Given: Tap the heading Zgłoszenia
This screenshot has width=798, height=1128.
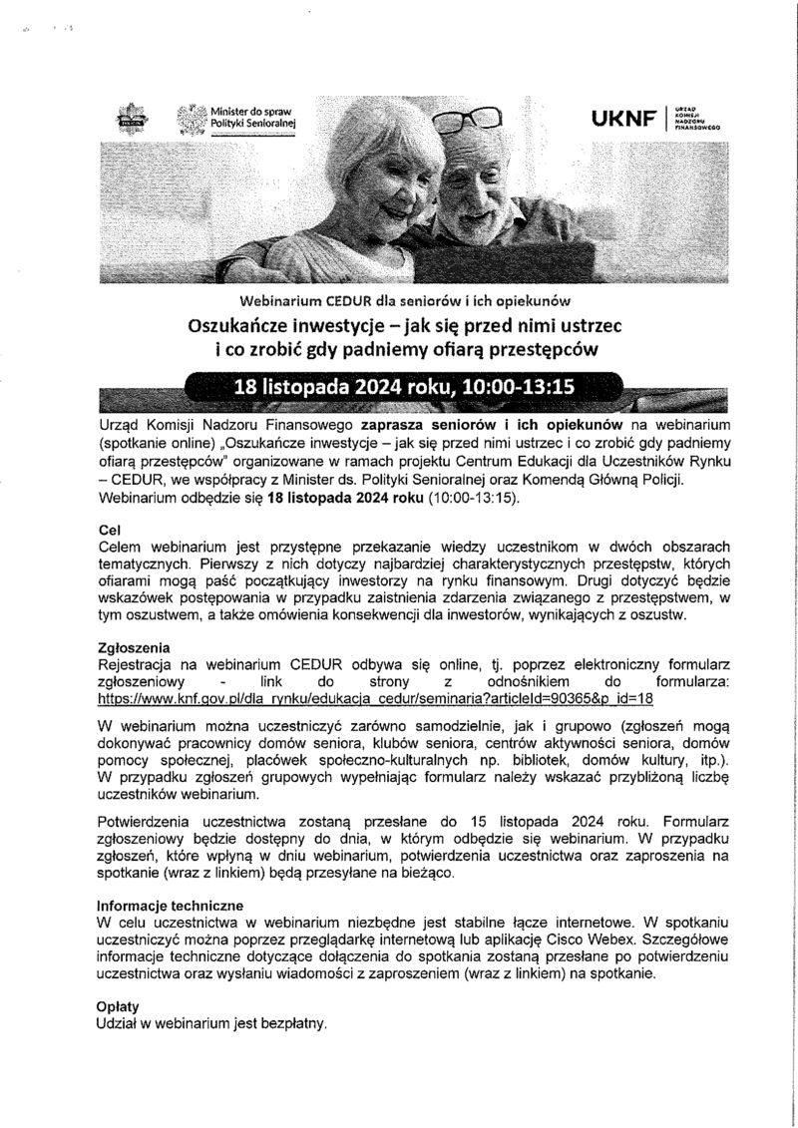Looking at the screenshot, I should click(134, 646).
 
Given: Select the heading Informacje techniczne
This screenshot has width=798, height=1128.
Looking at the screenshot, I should click(170, 906).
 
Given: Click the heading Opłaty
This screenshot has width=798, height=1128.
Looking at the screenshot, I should click(117, 1006).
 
